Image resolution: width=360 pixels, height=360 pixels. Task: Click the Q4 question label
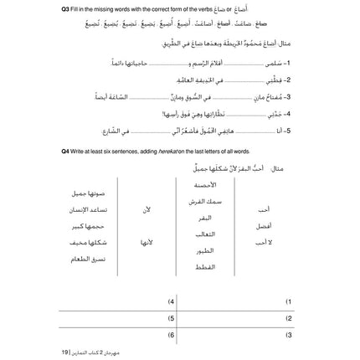64,151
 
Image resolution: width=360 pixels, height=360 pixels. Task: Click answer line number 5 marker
171,316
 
